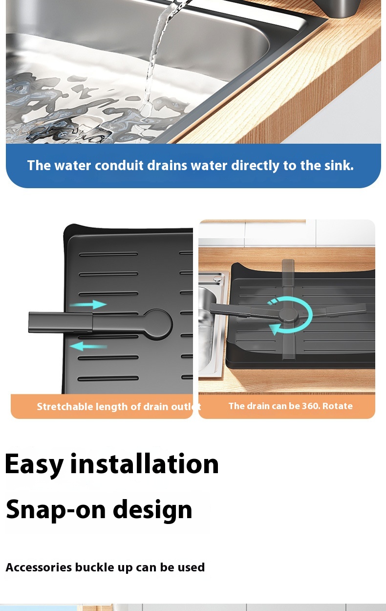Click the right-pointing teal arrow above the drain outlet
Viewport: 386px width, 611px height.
tap(88, 305)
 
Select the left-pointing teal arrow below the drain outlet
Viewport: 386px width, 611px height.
tap(88, 347)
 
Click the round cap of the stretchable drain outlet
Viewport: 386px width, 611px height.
tap(157, 324)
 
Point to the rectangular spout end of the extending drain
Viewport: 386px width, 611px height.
tap(61, 323)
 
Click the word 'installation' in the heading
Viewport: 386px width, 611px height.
tap(145, 463)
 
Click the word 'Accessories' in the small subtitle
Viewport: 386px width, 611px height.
tap(39, 567)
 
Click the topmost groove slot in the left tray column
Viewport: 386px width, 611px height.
tap(108, 255)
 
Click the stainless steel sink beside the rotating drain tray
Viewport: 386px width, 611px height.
tap(211, 322)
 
